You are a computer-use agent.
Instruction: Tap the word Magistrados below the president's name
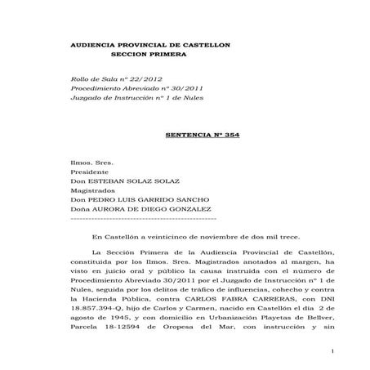93,198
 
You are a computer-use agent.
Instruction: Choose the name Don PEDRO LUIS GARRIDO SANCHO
140,208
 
